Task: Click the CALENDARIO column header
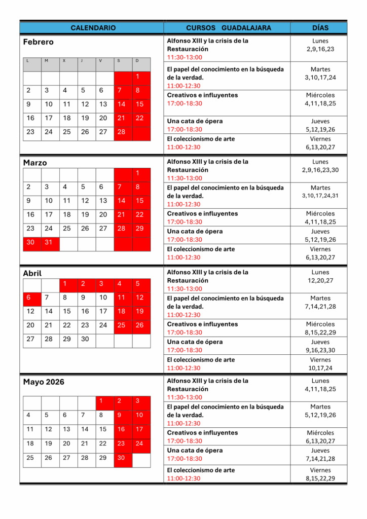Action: coord(93,28)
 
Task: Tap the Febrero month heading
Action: coord(39,42)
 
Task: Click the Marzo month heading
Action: coord(35,163)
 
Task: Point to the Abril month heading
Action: coord(32,273)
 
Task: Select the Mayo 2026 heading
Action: coord(44,382)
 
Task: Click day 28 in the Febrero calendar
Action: coord(121,132)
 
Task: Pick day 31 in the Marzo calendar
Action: coord(49,242)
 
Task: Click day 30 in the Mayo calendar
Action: coord(121,458)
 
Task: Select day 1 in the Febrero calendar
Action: coord(137,77)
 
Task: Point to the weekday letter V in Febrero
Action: coord(100,61)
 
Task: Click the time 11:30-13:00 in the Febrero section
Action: coord(185,57)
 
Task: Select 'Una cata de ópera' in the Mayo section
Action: coord(195,450)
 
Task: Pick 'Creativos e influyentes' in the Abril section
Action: coord(202,324)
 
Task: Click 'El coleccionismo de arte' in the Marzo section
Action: coord(201,249)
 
